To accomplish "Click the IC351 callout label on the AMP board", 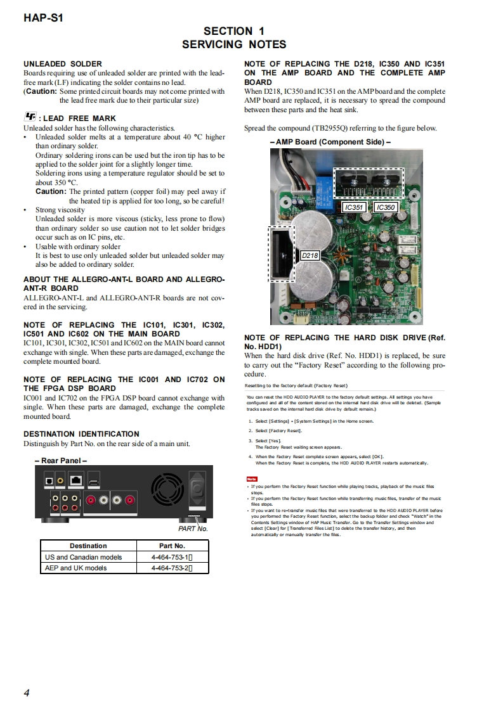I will tap(353, 207).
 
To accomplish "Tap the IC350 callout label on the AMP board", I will tap(385, 207).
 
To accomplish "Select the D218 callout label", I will tap(310, 255).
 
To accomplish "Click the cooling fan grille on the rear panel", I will tap(167, 490).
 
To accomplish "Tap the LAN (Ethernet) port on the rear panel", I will tap(76, 480).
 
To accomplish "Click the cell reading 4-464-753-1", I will tap(171, 557).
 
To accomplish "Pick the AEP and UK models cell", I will tap(81, 568).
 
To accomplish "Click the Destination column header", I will tap(88, 546).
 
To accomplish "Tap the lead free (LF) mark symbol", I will tap(30, 117).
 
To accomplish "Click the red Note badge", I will tap(251, 478).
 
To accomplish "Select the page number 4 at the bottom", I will tap(27, 692).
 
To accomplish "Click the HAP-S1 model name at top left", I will tap(43, 18).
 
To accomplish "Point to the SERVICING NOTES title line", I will tap(234, 44).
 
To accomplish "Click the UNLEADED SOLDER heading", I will tap(63, 64).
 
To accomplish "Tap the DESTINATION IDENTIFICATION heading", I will tap(81, 434).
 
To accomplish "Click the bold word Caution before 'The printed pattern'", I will tap(51, 191).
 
